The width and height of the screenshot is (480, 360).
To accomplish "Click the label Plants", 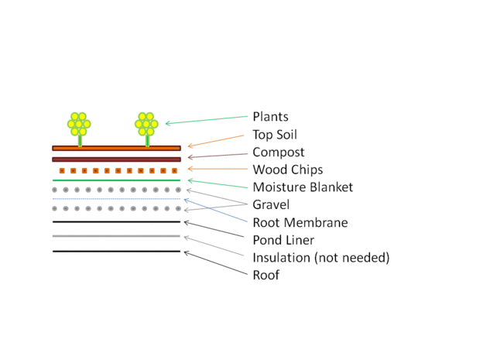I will pos(270,117).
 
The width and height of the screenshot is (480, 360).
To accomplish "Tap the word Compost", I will pos(279,153).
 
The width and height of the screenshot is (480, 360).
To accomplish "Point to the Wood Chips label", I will pos(287,170).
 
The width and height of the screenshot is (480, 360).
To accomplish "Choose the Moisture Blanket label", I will pos(303,187).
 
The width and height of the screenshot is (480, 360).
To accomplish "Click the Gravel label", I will pos(271,204).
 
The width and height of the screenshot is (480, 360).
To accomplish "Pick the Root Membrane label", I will pos(300,222).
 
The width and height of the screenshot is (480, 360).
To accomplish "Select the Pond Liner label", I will pos(283,240).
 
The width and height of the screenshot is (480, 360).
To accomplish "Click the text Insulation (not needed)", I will pos(321,257).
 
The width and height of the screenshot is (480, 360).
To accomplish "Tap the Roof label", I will pos(266,275).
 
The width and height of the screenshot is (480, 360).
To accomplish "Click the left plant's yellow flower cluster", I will pos(79,123).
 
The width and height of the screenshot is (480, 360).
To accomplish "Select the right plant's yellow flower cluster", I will pos(146,123).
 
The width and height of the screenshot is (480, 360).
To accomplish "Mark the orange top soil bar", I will pos(116,148).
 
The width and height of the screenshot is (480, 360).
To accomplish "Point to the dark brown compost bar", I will pos(116,159).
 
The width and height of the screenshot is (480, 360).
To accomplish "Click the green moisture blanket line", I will pos(116,180).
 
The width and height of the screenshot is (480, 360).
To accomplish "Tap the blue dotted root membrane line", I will pos(116,199).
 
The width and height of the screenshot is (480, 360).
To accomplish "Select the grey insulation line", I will pos(116,236).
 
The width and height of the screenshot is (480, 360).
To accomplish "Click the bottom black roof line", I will pos(116,251).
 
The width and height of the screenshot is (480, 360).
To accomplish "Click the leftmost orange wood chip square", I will pos(61,170).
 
